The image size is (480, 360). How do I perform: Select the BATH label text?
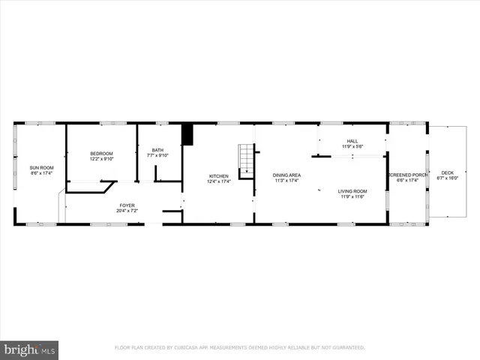(x=157, y=150)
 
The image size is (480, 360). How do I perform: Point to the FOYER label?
(x=127, y=205)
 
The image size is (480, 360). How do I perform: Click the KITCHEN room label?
(x=219, y=175)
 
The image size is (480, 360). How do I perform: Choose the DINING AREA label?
(x=286, y=175)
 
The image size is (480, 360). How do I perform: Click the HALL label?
(x=352, y=141)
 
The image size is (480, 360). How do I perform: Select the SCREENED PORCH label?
(x=408, y=175)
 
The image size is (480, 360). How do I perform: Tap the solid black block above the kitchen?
(x=187, y=135)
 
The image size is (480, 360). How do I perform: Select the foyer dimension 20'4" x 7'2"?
(x=127, y=211)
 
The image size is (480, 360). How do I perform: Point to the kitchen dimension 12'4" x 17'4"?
(x=219, y=181)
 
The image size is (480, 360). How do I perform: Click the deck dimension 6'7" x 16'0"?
(x=448, y=178)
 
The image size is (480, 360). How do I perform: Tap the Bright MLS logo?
(x=29, y=349)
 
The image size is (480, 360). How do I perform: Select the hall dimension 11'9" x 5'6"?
(x=352, y=146)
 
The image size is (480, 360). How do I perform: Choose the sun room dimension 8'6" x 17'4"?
(x=42, y=172)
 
